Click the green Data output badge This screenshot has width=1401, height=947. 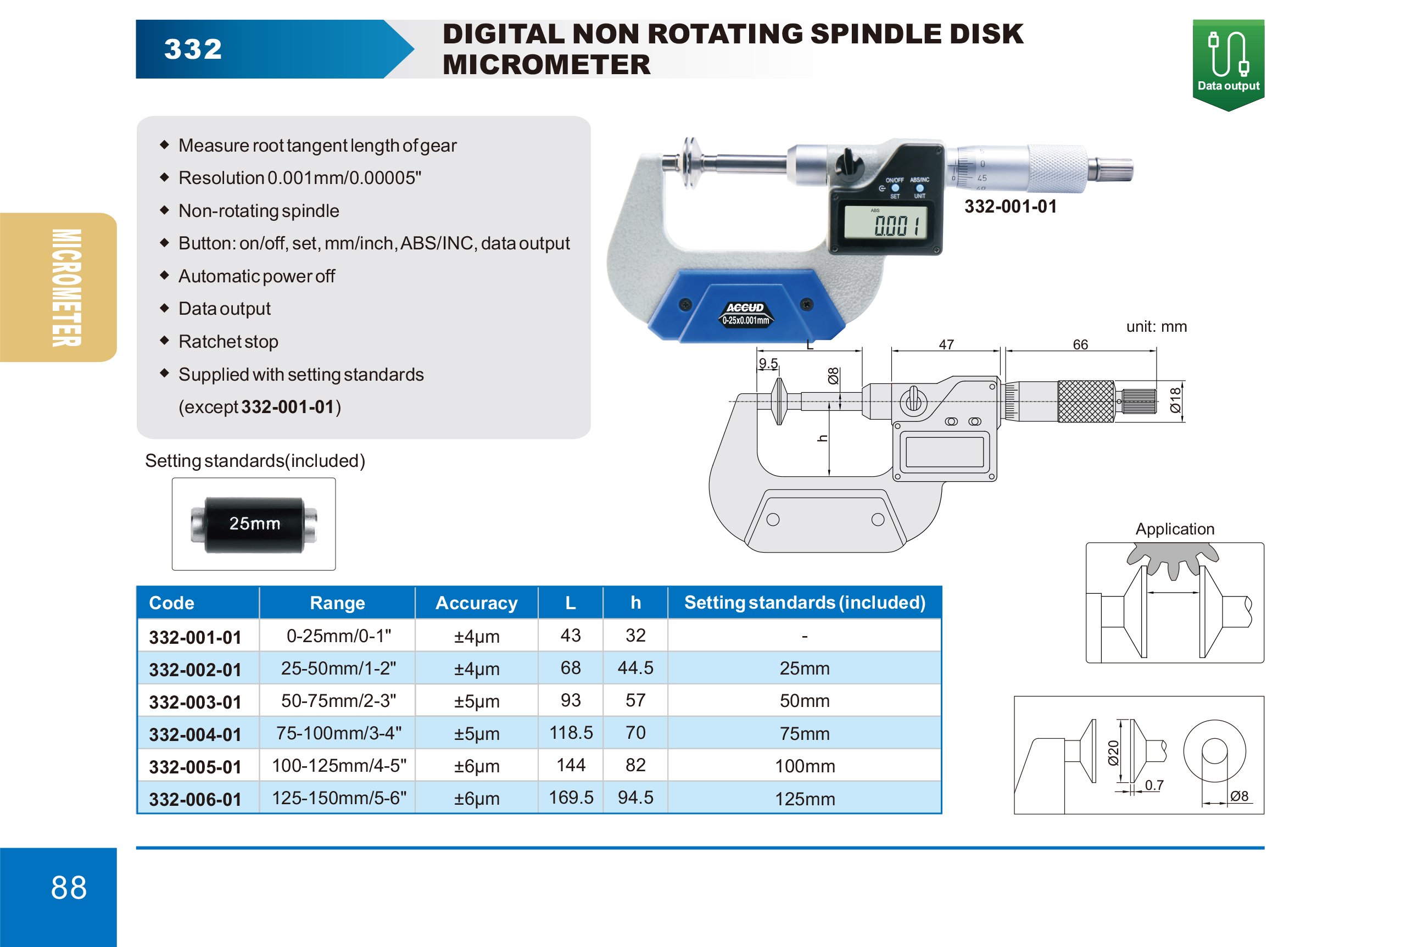(1227, 64)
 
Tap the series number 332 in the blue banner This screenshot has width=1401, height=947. (193, 49)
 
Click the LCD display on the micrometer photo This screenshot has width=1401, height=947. (885, 222)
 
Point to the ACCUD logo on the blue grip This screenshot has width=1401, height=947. (745, 308)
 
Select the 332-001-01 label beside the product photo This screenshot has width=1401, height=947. (1011, 207)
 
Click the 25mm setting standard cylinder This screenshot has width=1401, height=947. (254, 524)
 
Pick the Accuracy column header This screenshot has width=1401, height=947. (476, 603)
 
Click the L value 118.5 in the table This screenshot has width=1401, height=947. (570, 733)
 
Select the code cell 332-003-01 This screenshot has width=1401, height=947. (195, 702)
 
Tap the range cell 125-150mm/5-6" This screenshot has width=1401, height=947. (339, 798)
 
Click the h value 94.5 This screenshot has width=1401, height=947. (635, 798)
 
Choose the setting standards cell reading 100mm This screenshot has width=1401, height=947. (804, 766)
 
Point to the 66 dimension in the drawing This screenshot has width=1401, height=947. (1080, 345)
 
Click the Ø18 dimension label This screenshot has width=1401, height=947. (1175, 400)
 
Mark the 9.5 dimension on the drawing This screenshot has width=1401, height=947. (767, 364)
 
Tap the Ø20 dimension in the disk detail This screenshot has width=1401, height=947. (1113, 753)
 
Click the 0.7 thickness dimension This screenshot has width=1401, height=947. (1154, 786)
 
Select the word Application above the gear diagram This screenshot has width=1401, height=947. (1174, 530)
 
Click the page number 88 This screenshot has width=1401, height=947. (69, 888)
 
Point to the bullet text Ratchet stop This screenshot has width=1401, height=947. (228, 342)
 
